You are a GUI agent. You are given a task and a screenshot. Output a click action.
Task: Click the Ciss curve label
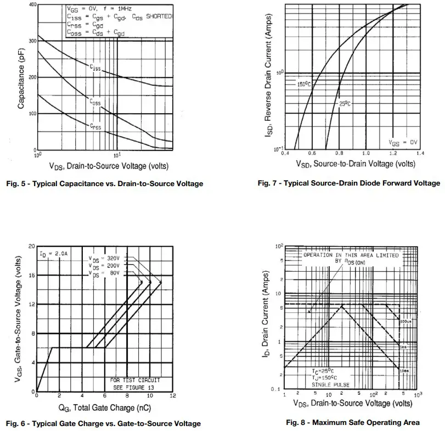coord(95,67)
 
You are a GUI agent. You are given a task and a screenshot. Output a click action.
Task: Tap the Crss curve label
coord(95,126)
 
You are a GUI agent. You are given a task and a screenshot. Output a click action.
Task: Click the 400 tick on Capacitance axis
coord(32,5)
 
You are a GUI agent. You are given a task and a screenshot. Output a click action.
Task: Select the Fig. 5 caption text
coord(104,183)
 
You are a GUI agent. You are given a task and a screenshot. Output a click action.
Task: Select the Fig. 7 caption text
coord(348,183)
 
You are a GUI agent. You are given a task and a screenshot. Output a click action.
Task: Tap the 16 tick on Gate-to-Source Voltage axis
coord(32,275)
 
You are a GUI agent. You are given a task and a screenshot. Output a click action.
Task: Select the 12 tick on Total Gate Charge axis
coord(173,396)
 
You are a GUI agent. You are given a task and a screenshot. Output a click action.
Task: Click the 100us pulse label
coord(405,321)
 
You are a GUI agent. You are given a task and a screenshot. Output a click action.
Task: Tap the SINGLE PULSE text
coord(330,384)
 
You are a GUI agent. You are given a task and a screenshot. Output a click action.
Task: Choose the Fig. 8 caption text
coord(353,422)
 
